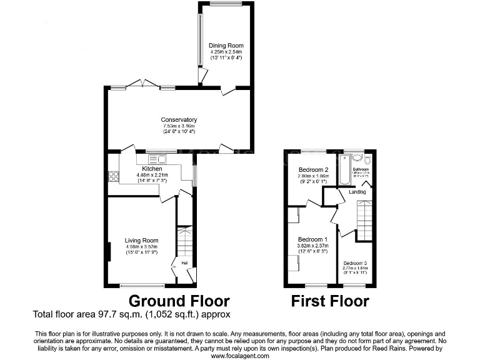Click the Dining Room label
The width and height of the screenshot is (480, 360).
(x=226, y=46)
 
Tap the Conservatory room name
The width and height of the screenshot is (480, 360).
(x=179, y=120)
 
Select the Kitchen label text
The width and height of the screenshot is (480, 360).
(x=152, y=169)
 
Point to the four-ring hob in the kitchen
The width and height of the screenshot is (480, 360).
(x=114, y=176)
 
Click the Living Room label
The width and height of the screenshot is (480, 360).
(x=141, y=240)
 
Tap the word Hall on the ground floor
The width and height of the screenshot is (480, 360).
(x=185, y=263)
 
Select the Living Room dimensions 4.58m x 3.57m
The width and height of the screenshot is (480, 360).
(x=141, y=247)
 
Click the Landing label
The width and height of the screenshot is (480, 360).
(x=357, y=192)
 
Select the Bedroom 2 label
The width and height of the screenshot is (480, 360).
(x=313, y=170)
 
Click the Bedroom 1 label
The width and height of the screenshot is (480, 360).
(x=312, y=239)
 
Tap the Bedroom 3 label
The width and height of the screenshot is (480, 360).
(x=355, y=263)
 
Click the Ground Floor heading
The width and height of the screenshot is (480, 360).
(x=179, y=301)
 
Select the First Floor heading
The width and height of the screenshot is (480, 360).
(x=330, y=301)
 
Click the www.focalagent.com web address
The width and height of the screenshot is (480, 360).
(x=240, y=356)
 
